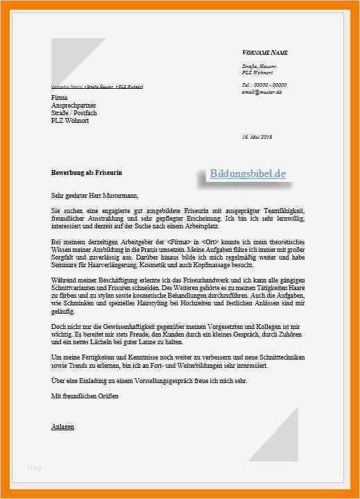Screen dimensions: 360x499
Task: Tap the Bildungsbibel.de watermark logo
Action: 248,174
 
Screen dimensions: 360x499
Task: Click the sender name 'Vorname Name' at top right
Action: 265,53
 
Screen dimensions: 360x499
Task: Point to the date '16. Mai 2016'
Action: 257,137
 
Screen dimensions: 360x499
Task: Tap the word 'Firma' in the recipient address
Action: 60,98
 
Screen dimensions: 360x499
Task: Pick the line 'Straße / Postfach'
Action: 75,113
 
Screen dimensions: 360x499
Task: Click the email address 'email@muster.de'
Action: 262,92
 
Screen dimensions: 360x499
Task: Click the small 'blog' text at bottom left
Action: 35,468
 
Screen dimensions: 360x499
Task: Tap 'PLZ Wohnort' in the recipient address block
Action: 70,121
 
